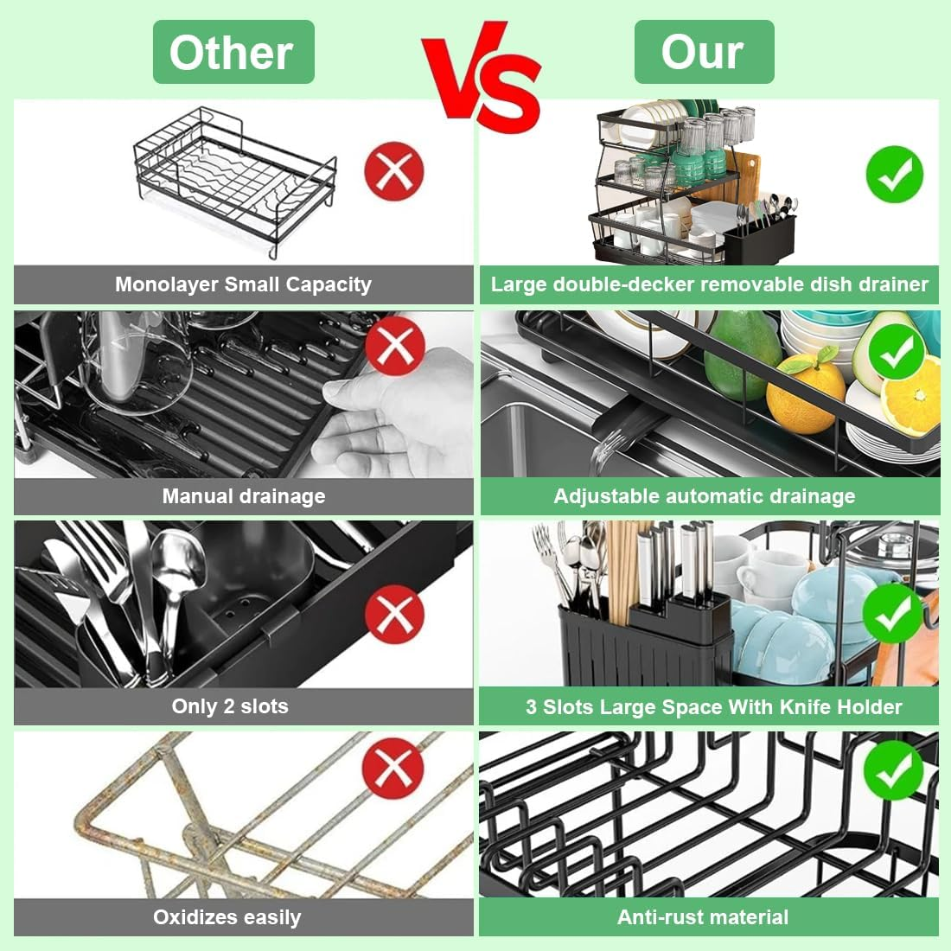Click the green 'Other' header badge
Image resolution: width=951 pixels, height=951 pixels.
[233, 52]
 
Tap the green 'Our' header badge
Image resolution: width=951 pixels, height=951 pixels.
[704, 52]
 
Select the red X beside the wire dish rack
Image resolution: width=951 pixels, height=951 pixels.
[394, 171]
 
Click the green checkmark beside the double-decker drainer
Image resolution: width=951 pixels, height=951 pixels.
[895, 174]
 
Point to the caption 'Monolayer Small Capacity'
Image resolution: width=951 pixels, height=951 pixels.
[243, 284]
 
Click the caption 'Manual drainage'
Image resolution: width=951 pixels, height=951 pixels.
[244, 496]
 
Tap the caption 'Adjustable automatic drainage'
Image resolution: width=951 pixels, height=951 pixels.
[704, 496]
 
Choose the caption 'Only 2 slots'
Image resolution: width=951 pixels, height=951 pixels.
[230, 706]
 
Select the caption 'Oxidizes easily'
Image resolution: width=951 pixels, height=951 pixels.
[227, 917]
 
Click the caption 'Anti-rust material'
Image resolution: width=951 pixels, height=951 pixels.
[703, 917]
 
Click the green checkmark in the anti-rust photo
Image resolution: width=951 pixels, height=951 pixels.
[893, 770]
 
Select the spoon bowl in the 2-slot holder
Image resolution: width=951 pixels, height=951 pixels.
[177, 559]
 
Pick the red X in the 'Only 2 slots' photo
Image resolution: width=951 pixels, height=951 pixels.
[395, 615]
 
